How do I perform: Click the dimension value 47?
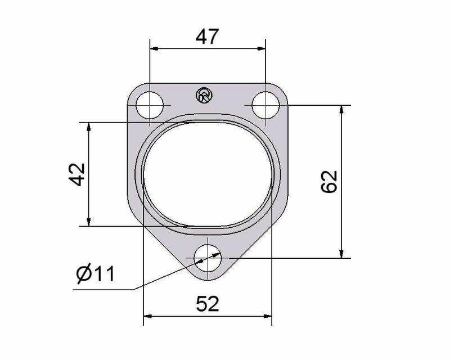click(x=207, y=37)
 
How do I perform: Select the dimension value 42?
click(x=77, y=174)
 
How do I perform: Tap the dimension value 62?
click(x=329, y=182)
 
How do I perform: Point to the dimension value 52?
click(x=208, y=304)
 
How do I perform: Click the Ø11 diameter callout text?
click(x=96, y=273)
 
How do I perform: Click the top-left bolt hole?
click(x=150, y=105)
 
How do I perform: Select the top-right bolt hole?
click(x=265, y=105)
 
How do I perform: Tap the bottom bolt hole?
click(x=208, y=258)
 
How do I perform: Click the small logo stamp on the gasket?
click(x=204, y=94)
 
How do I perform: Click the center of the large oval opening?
click(x=208, y=174)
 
